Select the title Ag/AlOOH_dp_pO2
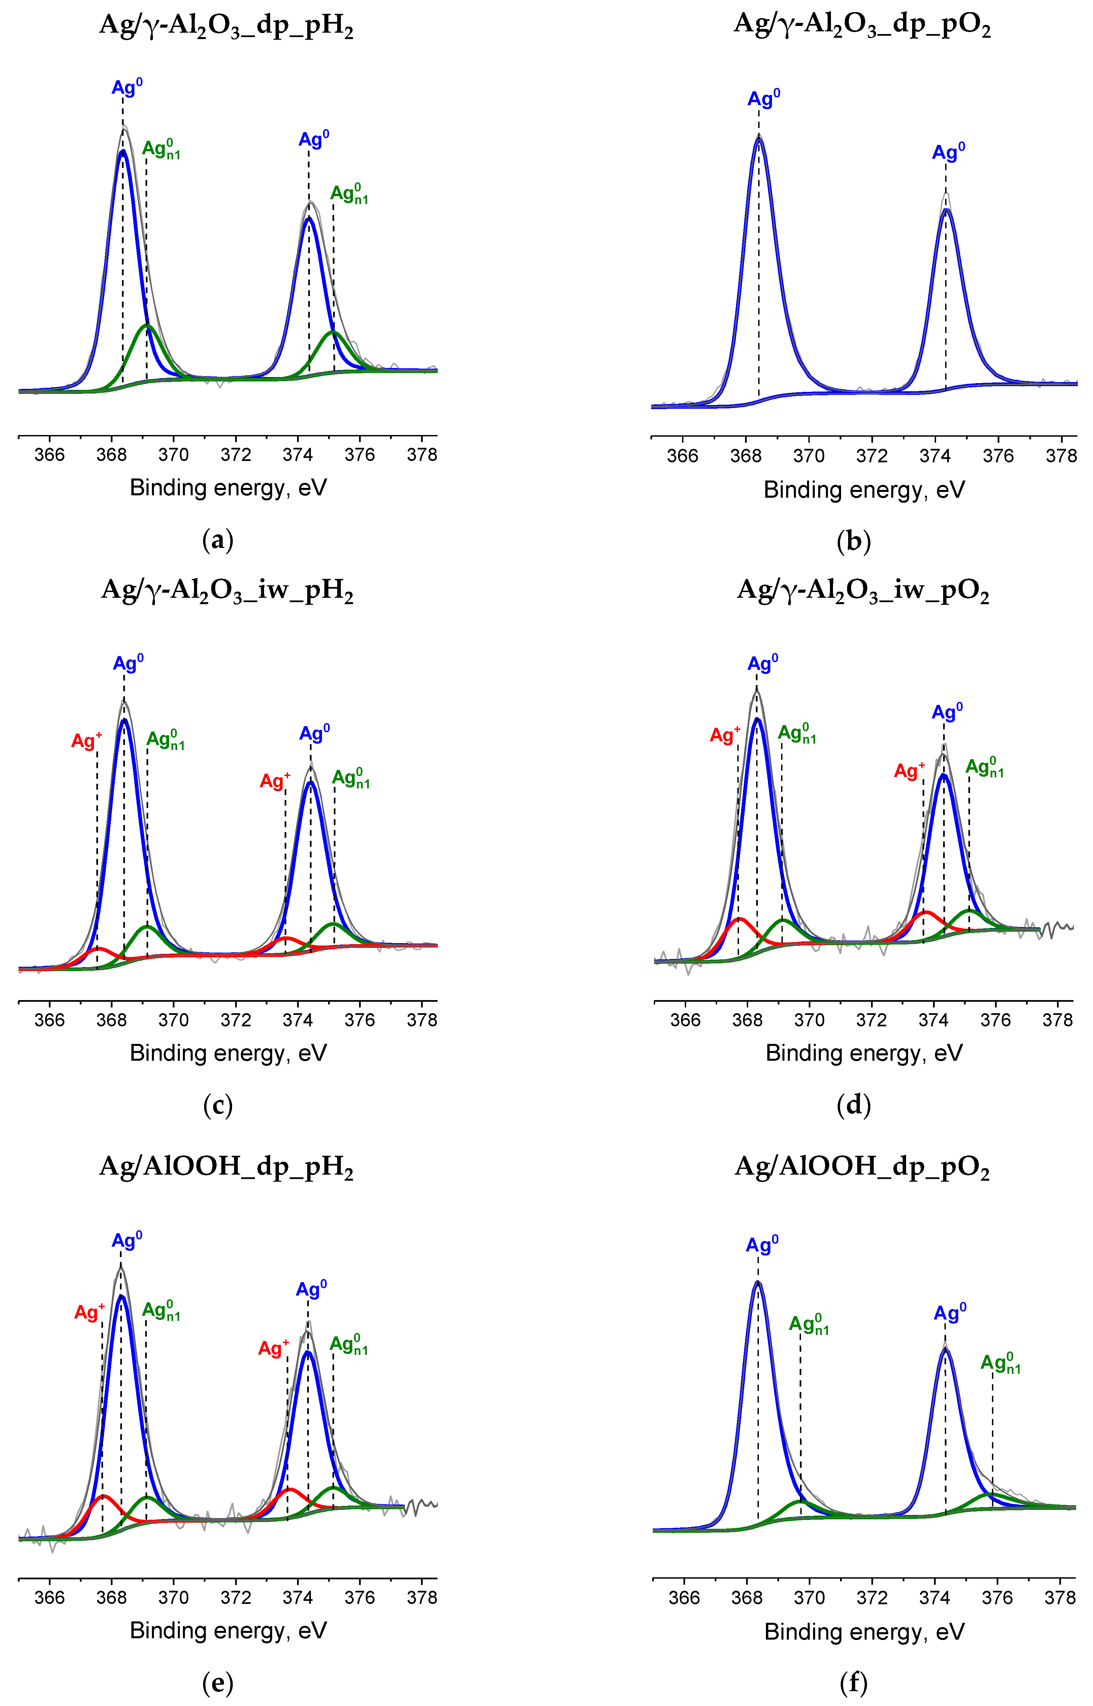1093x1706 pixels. click(x=862, y=1168)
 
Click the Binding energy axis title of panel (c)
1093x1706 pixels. click(x=228, y=1053)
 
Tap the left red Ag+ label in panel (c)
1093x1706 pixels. click(x=87, y=741)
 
